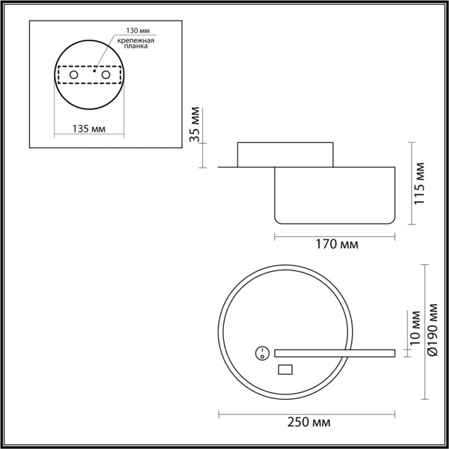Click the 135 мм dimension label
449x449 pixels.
click(89, 129)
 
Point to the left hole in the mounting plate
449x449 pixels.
click(74, 75)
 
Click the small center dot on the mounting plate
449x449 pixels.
click(94, 72)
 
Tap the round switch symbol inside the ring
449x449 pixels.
click(262, 352)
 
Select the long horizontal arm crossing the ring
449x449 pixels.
click(334, 353)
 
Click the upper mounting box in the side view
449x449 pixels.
click(285, 154)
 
